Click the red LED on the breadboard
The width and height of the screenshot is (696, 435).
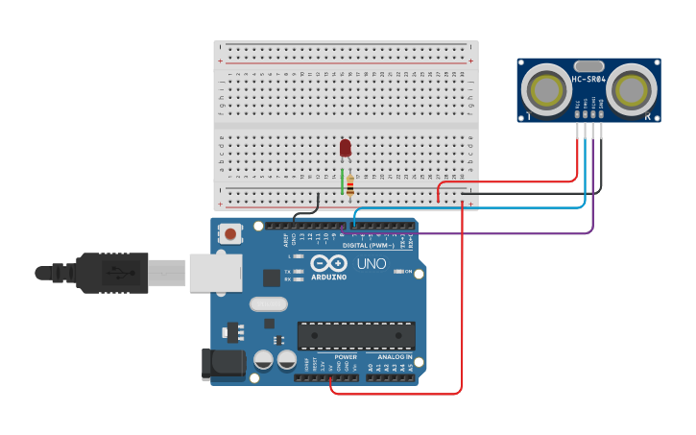(346, 148)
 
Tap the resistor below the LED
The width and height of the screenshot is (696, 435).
(350, 185)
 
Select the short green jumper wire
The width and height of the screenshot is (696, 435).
(342, 181)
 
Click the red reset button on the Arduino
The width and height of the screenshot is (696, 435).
(231, 232)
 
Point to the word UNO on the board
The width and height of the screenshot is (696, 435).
(372, 264)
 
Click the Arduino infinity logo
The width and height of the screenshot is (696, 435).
(328, 264)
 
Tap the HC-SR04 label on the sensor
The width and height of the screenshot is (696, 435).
(589, 80)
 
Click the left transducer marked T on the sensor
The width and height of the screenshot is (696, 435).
(547, 90)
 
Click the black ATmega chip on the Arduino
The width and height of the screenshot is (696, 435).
(356, 336)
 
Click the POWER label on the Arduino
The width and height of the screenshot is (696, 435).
(346, 357)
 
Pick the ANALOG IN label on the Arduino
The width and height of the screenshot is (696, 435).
(395, 357)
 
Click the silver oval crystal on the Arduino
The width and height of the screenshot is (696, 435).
(268, 304)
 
